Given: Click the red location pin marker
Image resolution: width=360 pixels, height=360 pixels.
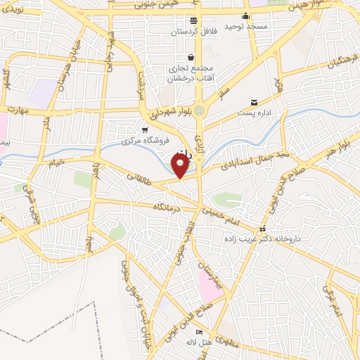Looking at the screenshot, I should coord(181,165).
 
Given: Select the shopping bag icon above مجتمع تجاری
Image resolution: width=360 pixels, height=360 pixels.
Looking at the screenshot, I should coord(191,58).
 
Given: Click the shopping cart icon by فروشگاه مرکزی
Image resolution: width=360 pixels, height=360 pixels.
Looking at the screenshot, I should coord(145,130).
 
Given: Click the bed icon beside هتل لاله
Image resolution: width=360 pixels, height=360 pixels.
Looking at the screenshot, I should coord(200,332).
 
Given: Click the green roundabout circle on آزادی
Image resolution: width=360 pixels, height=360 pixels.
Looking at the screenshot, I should coord(200,110).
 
